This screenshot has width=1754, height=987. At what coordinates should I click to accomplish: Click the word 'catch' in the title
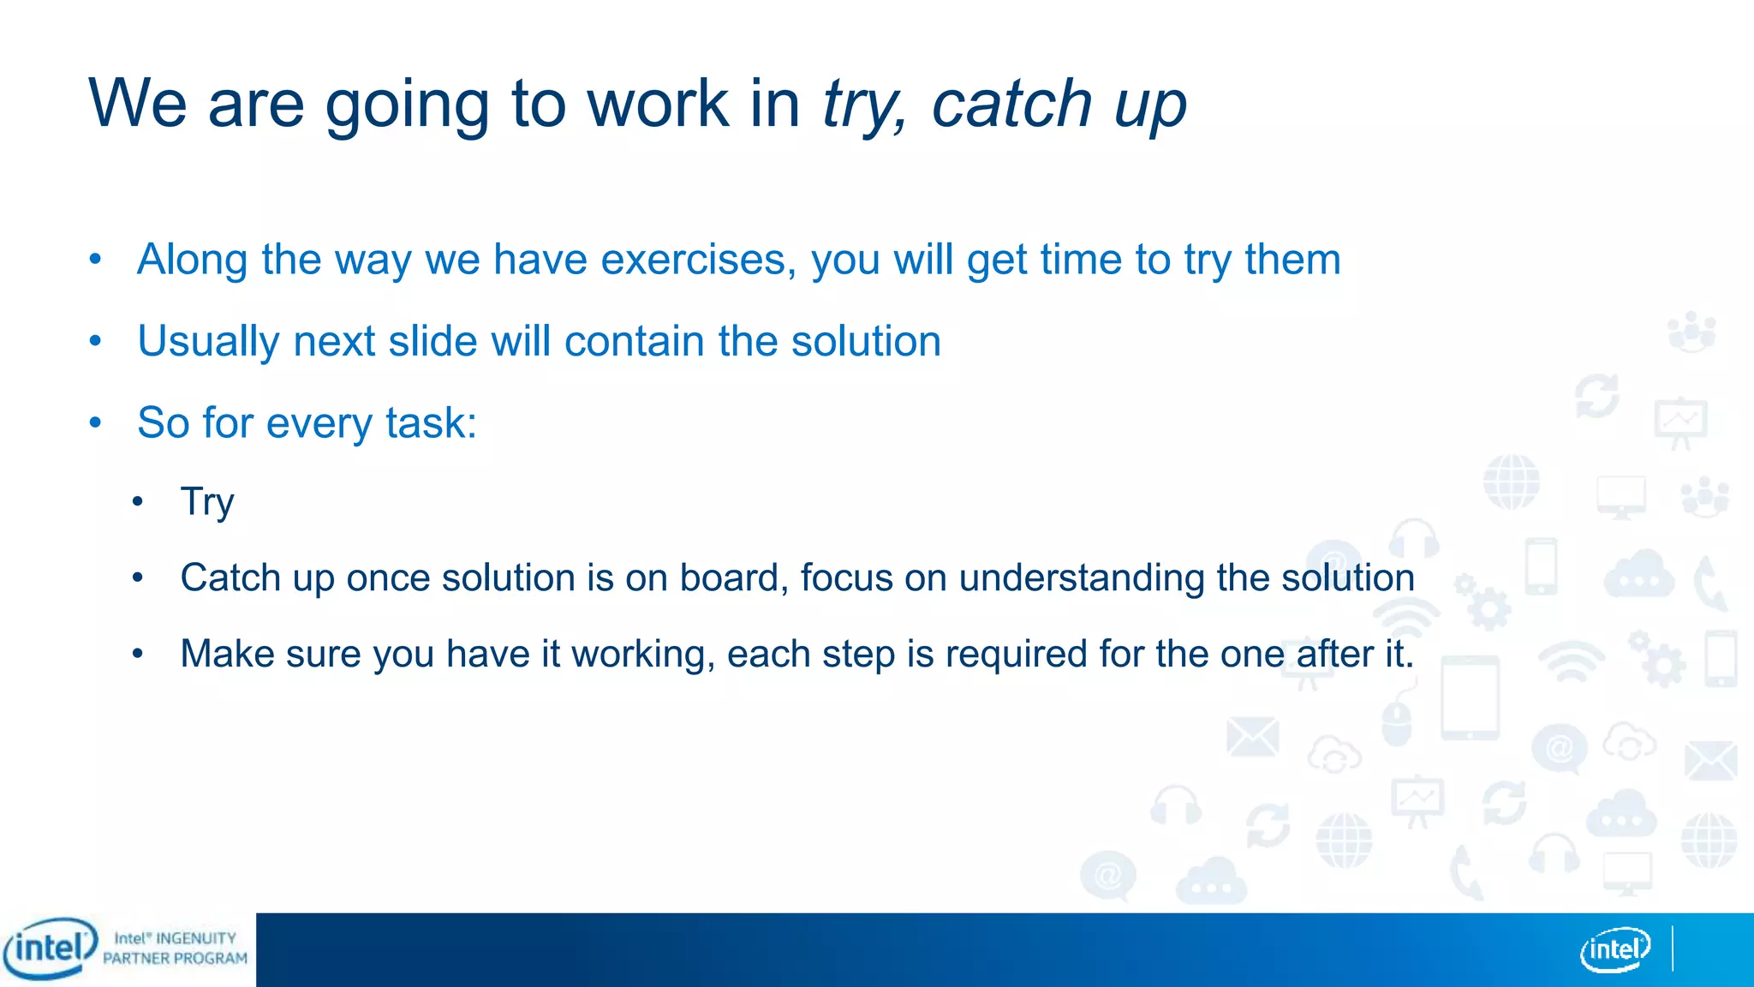point(1011,104)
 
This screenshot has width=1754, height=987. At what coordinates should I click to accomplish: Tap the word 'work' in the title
point(657,104)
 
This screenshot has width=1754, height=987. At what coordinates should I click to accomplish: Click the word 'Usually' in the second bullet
point(208,342)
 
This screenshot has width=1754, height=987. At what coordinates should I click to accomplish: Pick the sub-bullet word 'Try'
point(206,502)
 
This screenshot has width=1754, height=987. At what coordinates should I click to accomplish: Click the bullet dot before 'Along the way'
point(95,259)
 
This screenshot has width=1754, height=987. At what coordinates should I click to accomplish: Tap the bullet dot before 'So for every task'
point(95,422)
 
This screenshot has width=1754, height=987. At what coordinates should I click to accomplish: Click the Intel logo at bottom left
point(50,948)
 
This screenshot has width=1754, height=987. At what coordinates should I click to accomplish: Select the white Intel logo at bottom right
point(1614,949)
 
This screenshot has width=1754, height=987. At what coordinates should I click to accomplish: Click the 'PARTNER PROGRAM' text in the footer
point(175,959)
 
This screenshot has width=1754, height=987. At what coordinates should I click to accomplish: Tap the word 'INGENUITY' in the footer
point(195,938)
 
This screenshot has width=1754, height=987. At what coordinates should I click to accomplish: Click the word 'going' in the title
point(406,105)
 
